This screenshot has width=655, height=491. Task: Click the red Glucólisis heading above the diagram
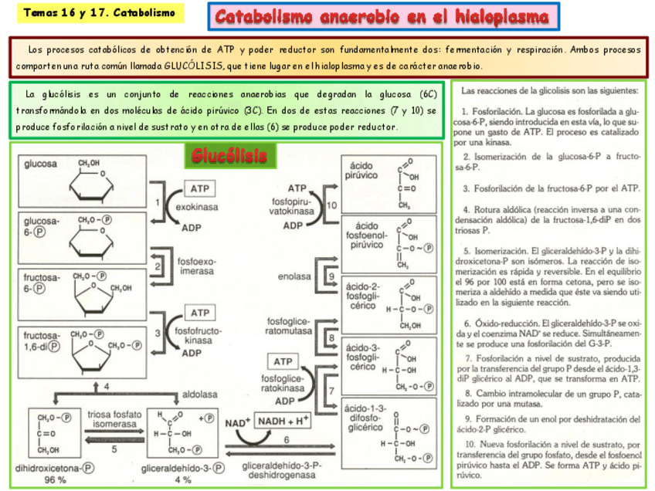pyautogui.click(x=229, y=157)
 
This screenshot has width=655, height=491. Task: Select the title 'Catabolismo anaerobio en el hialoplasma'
pyautogui.click(x=382, y=16)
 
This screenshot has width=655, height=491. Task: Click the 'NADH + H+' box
pyautogui.click(x=283, y=421)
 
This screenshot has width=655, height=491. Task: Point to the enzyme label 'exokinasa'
pyautogui.click(x=197, y=207)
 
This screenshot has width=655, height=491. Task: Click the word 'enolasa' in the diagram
pyautogui.click(x=295, y=276)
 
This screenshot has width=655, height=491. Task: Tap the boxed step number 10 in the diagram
pyautogui.click(x=332, y=205)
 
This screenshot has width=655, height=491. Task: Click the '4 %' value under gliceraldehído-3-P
pyautogui.click(x=183, y=479)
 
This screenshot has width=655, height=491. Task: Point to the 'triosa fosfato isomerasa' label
pyautogui.click(x=114, y=418)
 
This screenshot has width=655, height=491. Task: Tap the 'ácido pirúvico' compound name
pyautogui.click(x=362, y=171)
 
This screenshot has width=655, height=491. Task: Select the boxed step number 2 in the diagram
pyautogui.click(x=158, y=266)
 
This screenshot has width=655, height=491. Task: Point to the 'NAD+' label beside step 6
pyautogui.click(x=237, y=422)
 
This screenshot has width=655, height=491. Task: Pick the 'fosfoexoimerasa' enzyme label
pyautogui.click(x=197, y=266)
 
